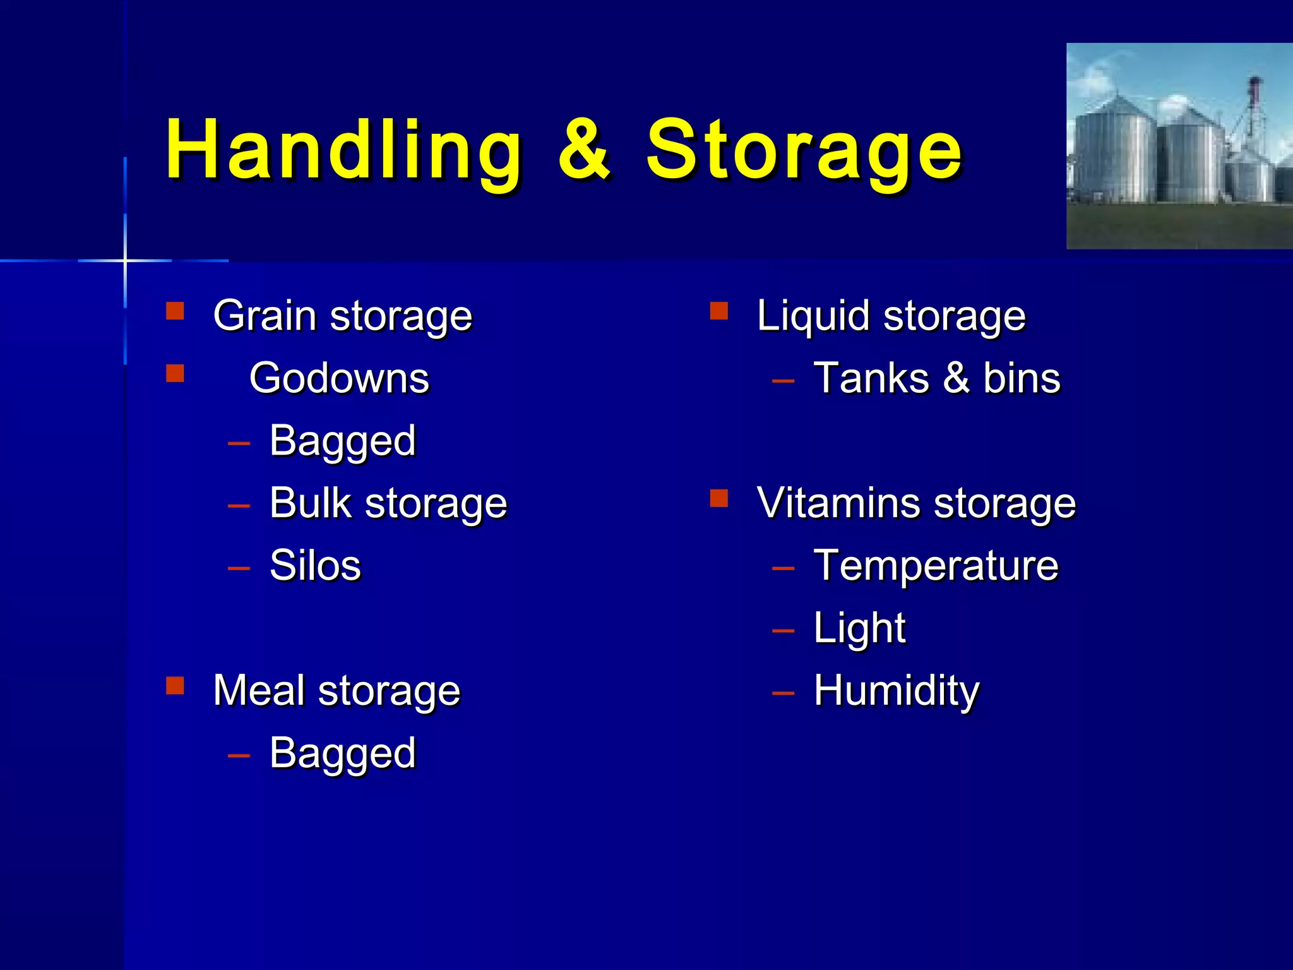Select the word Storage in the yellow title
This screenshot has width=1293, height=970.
pos(803,150)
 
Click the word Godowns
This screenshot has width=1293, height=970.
pos(339,378)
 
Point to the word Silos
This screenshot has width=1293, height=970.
pos(315,565)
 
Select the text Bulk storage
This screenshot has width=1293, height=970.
pos(388,503)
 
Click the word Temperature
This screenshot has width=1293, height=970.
pos(936,565)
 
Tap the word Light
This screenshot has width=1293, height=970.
pos(859,628)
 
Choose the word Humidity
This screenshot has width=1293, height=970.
pos(897,690)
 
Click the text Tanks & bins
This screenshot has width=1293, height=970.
pos(937,378)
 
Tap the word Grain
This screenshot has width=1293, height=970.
pos(265,316)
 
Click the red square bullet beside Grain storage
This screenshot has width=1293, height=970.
pos(175,311)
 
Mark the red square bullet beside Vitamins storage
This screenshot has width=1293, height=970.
pos(719,499)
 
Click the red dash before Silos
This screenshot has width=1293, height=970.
pos(239,568)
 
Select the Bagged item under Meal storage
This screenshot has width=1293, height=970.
pos(342,753)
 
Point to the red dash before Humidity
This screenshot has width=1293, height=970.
pos(783,693)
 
